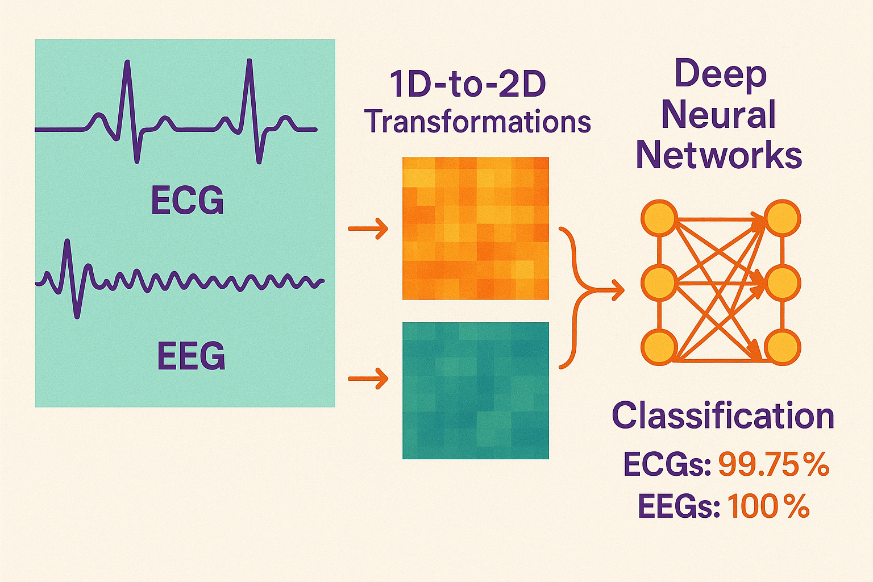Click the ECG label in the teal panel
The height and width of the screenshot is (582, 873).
click(x=188, y=200)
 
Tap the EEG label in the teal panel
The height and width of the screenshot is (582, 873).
click(x=191, y=356)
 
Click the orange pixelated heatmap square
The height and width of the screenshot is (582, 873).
click(x=476, y=228)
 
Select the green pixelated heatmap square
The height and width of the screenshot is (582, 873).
click(x=476, y=390)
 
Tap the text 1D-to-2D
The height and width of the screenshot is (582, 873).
click(x=467, y=85)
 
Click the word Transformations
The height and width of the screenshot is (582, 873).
click(x=477, y=122)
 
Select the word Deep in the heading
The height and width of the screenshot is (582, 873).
click(x=720, y=74)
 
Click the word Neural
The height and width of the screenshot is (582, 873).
click(x=718, y=115)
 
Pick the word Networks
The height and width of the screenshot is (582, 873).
click(x=719, y=155)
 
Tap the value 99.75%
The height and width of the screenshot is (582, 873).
click(x=774, y=465)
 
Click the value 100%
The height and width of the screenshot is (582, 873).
click(x=768, y=506)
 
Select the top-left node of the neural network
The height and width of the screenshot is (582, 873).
click(x=659, y=218)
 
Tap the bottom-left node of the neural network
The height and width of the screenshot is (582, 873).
click(x=659, y=347)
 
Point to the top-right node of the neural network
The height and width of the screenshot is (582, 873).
click(x=782, y=218)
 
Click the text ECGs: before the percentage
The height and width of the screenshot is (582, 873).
click(x=667, y=465)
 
